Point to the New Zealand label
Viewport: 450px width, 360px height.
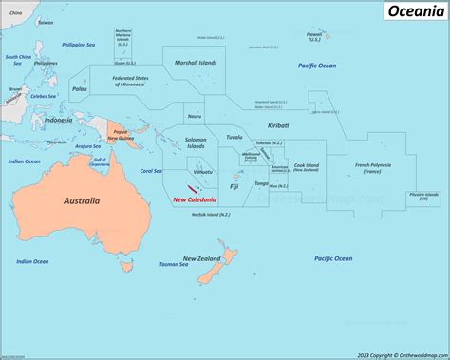point(203,258)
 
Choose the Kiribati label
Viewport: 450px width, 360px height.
point(278,125)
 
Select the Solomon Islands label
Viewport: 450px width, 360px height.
point(196,143)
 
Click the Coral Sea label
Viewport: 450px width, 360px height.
point(151,171)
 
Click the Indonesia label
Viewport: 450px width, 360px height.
point(58,121)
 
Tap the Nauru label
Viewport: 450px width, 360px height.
point(195,116)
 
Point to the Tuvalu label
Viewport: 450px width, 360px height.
point(234,138)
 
